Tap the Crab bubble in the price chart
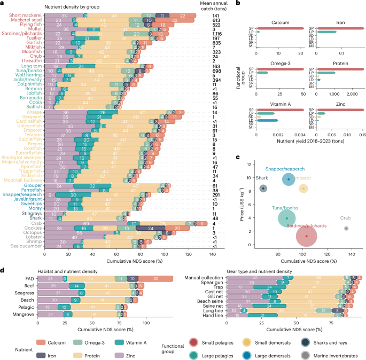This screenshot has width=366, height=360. [346, 228]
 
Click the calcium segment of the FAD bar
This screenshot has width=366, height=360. [156, 278]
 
